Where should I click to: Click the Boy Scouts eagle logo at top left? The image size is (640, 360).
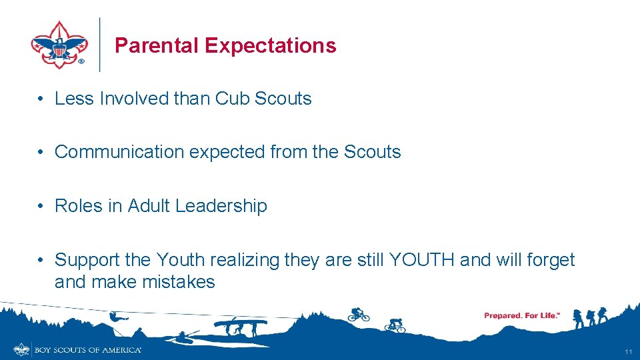pyautogui.click(x=59, y=44)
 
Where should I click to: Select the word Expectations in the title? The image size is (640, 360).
pyautogui.click(x=271, y=45)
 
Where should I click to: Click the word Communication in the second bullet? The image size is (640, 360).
pyautogui.click(x=119, y=152)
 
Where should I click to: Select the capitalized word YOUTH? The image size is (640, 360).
pyautogui.click(x=422, y=259)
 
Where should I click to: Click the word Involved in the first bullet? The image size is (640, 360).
pyautogui.click(x=134, y=99)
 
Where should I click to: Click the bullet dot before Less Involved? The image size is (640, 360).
pyautogui.click(x=41, y=99)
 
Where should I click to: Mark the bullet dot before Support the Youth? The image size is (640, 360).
pyautogui.click(x=41, y=259)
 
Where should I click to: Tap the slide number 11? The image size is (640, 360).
pyautogui.click(x=628, y=351)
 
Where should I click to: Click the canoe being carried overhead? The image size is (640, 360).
pyautogui.click(x=240, y=323)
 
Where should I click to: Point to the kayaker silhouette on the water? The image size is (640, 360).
pyautogui.click(x=184, y=335)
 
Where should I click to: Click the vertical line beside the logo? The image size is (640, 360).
pyautogui.click(x=100, y=44)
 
